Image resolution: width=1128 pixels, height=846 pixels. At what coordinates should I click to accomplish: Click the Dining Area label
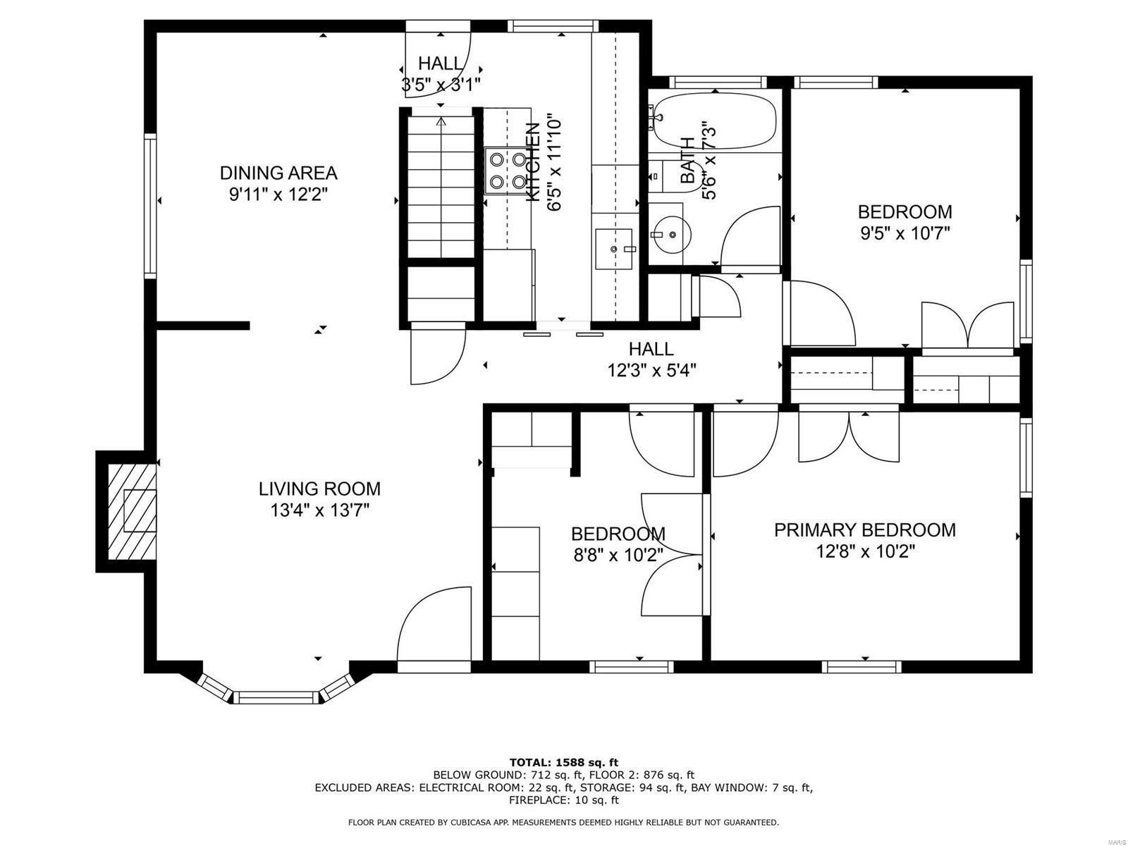(278, 173)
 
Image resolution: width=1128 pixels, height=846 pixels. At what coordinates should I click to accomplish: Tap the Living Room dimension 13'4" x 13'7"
(319, 510)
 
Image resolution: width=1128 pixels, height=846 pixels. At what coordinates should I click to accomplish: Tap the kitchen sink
(615, 249)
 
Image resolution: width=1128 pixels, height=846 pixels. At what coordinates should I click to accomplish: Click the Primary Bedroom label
(865, 530)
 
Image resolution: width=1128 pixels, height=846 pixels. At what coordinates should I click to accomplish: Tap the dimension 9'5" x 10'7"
(905, 234)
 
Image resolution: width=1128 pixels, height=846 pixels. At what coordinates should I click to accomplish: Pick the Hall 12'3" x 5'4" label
(651, 370)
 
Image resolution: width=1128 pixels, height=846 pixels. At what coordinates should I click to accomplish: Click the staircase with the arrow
(441, 187)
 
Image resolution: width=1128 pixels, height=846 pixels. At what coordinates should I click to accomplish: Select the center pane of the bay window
(276, 697)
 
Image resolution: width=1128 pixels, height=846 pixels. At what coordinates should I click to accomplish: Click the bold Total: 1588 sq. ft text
(563, 762)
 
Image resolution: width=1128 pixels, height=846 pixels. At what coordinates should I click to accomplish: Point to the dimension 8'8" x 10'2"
(618, 556)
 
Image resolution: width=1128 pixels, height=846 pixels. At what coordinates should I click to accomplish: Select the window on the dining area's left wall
(150, 206)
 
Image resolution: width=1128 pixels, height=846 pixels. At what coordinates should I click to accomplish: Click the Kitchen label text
(534, 162)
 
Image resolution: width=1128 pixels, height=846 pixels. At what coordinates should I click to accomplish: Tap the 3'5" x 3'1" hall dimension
(441, 85)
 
